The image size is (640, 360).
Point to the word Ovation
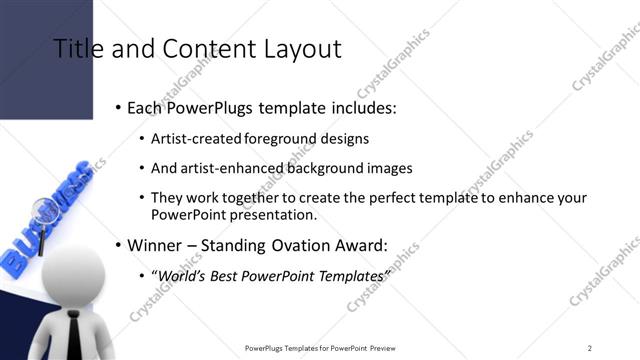(x=298, y=244)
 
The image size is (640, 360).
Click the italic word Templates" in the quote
(x=352, y=274)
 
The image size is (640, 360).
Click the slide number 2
(x=590, y=347)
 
